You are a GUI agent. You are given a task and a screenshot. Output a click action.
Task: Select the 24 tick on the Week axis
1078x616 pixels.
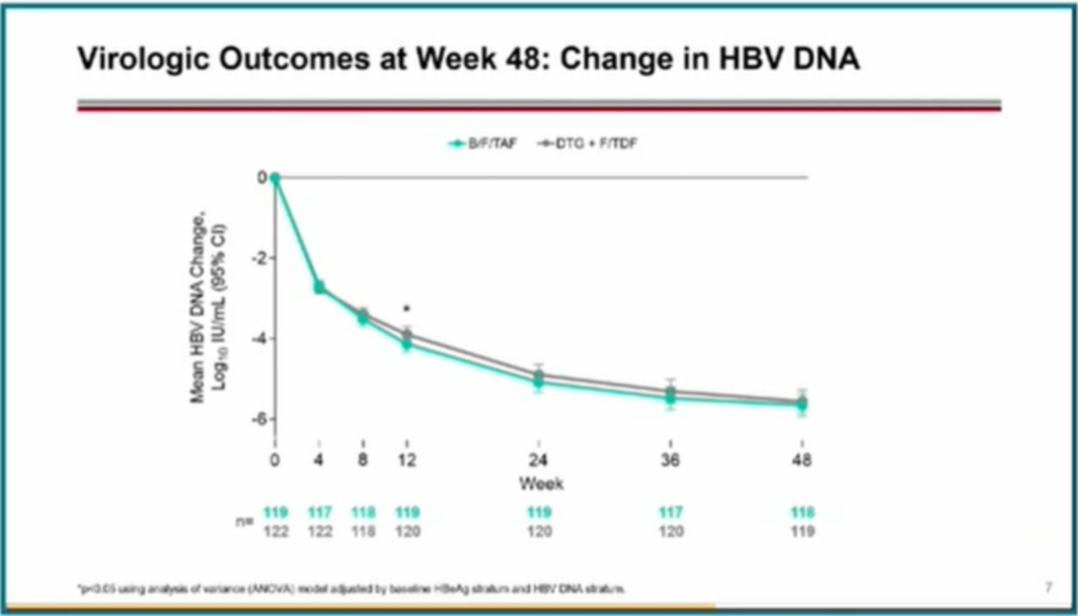[x=538, y=460]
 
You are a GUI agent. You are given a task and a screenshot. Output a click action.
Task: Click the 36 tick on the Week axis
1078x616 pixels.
[x=671, y=460]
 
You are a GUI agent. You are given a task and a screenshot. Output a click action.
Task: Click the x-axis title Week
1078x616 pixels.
[x=540, y=483]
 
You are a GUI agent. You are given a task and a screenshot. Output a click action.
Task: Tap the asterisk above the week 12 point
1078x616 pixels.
[x=406, y=309]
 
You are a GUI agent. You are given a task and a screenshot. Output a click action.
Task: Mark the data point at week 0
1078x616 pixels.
[x=274, y=179]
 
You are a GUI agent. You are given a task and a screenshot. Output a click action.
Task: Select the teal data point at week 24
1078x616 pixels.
[x=538, y=381]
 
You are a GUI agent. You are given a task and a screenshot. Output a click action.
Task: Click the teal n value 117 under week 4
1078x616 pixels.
[x=319, y=513]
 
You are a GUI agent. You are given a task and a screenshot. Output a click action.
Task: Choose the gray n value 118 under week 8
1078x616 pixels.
[x=363, y=532]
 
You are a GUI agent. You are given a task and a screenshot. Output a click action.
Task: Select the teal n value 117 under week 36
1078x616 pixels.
[x=671, y=513]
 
